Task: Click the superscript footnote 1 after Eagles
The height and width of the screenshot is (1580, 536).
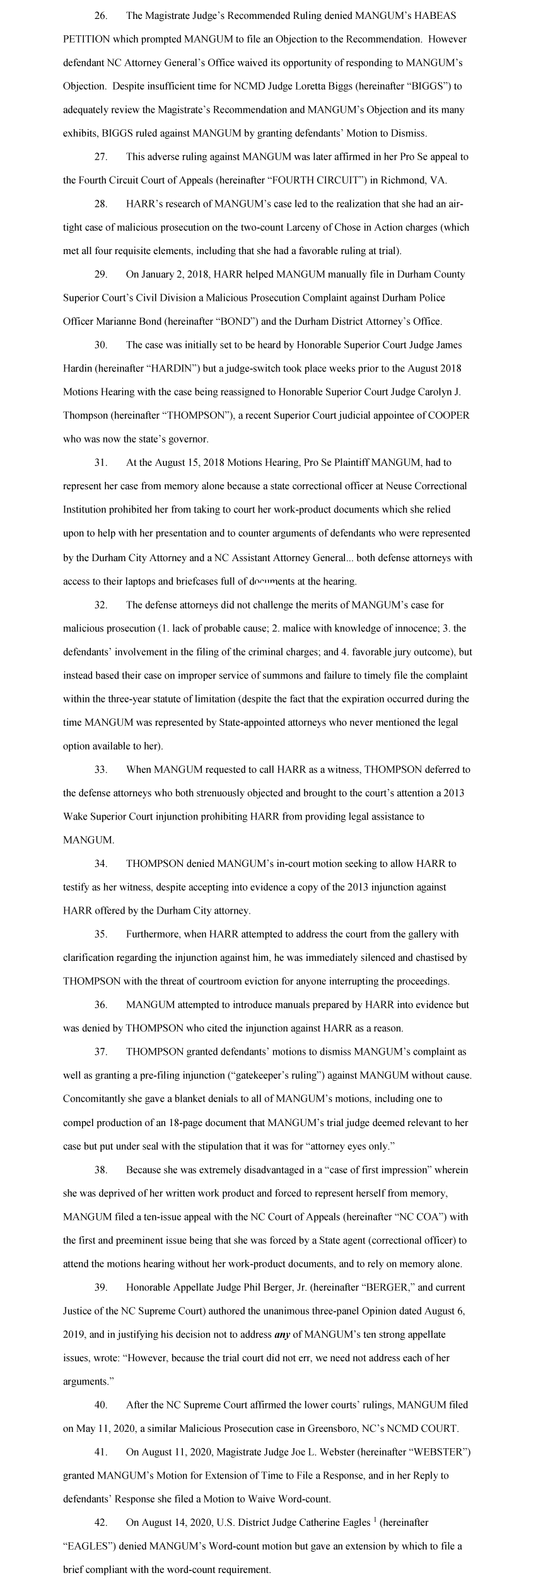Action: [373, 1520]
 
